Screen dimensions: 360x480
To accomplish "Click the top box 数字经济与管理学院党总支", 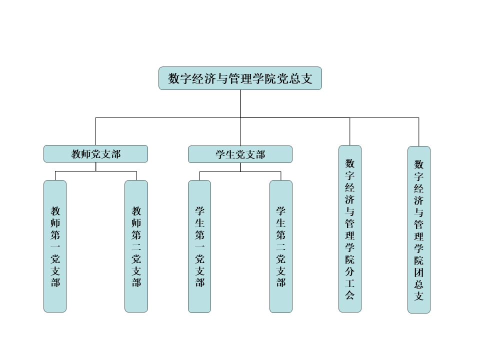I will coord(240,78).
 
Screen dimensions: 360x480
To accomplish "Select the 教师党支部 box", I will coord(95,154).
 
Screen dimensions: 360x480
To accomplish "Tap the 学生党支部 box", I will coord(240,154).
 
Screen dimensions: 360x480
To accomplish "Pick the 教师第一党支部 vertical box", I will coord(55,246).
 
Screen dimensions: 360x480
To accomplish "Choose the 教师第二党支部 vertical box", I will coord(136,246).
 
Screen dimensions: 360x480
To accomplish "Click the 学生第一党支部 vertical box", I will coord(199,246).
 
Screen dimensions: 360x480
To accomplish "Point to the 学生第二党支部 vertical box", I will coord(281,246).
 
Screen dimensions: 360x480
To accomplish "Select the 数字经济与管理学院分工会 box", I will coord(350,228).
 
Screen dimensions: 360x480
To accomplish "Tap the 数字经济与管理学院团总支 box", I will coord(419,229).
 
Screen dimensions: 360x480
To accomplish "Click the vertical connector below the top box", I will coord(240,103).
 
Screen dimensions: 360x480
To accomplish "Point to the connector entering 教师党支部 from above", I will coord(95,131).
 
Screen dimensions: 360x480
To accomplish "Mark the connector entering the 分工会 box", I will coord(350,131).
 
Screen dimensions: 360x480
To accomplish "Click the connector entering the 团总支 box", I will coord(419,132).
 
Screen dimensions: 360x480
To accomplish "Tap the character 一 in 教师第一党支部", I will coord(55,246).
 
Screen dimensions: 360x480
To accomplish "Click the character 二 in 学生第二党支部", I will coord(281,246).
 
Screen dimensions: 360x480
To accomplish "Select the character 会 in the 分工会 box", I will coord(350,294).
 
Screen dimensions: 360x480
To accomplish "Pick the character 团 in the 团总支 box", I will coord(419,272).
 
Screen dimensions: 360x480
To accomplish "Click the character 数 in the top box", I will coord(174,79).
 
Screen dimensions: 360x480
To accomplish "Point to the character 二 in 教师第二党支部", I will coord(136,246).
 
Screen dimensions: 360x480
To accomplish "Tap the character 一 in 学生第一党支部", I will coord(199,246).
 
